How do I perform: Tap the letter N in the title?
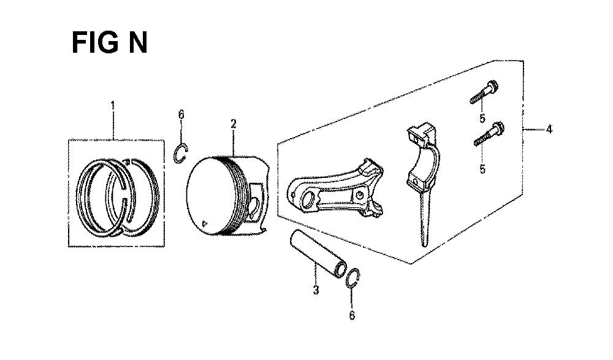click(137, 43)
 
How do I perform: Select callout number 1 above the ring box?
click(113, 105)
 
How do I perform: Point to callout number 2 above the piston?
click(234, 124)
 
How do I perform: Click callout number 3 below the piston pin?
click(316, 290)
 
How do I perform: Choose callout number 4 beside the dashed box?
click(549, 129)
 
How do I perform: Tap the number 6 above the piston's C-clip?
click(181, 115)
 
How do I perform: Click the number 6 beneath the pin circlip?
click(352, 315)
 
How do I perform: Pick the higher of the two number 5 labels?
click(482, 118)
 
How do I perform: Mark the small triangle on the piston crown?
click(204, 223)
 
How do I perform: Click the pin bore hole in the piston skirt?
click(253, 206)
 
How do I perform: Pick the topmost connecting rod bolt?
click(484, 92)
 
